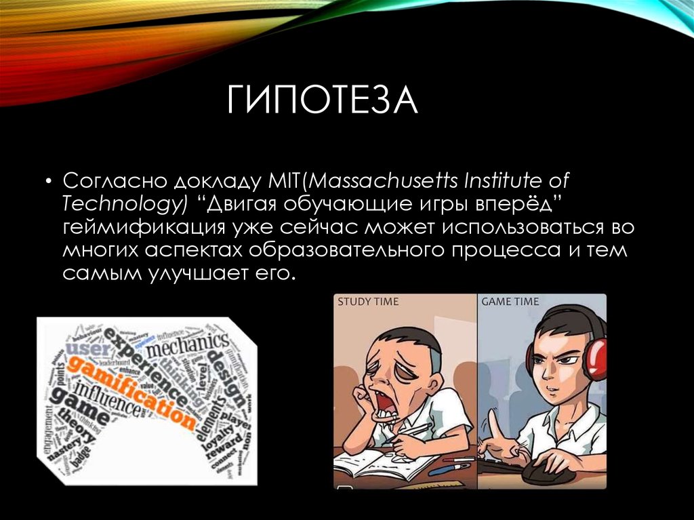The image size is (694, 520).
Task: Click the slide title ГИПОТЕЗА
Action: [323, 100]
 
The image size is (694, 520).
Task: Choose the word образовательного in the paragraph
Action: [344, 251]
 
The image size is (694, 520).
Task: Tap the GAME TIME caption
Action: [510, 302]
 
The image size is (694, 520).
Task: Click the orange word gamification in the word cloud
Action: [132, 391]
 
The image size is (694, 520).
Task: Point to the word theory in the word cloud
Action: [75, 426]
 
